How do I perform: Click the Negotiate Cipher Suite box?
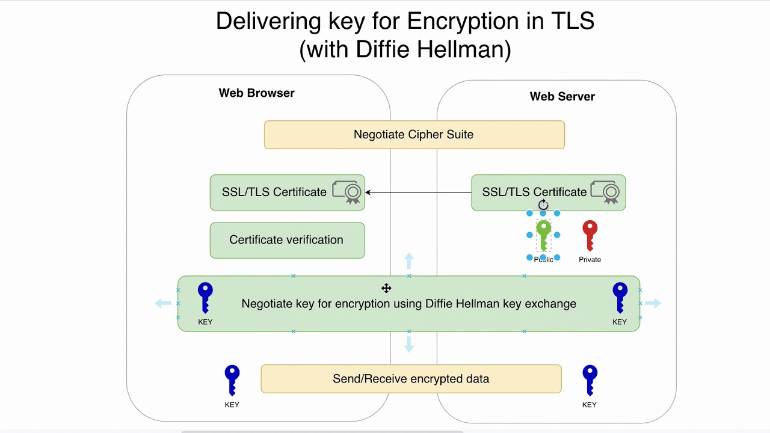pos(414,135)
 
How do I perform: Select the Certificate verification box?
pos(287,240)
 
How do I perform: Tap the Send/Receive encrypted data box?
pos(411,379)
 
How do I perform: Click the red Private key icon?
pos(590,235)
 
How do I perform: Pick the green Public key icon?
pos(543,235)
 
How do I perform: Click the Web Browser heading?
pos(256,93)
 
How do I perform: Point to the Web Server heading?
pos(562,97)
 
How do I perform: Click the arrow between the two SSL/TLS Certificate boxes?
pos(418,192)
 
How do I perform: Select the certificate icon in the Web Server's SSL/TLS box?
pos(605,192)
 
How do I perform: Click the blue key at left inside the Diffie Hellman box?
pos(205,297)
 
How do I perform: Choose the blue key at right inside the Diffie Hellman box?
pos(620,297)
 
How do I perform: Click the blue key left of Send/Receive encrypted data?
pos(232,381)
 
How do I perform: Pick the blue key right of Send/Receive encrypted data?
pos(590,381)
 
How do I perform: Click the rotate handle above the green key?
pos(543,205)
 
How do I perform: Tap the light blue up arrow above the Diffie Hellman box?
pos(409,261)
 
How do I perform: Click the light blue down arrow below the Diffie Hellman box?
pos(409,344)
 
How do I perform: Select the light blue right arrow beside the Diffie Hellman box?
pos(654,303)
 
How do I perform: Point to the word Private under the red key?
pos(590,260)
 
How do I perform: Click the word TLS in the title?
pos(572,22)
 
